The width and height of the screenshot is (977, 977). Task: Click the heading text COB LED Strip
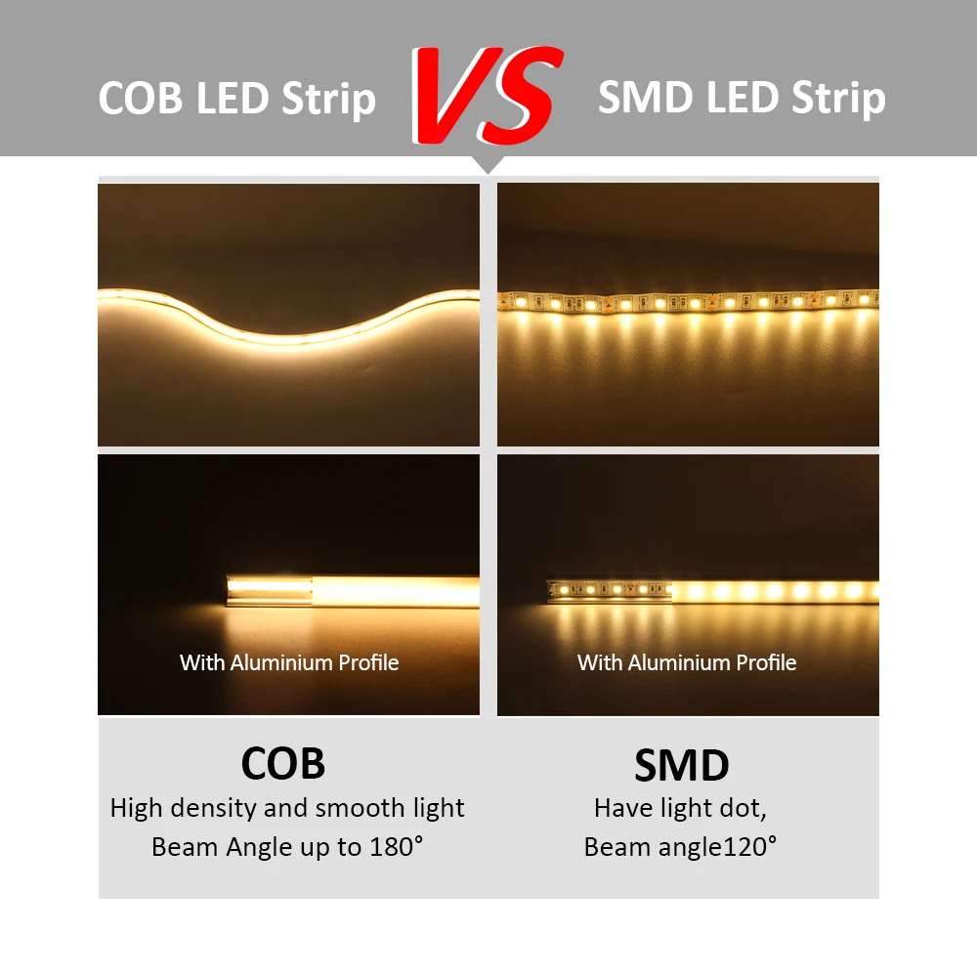(x=237, y=99)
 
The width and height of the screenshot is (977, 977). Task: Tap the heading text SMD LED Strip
(x=742, y=99)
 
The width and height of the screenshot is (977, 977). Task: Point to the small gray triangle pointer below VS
(x=487, y=165)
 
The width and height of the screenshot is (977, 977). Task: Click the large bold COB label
(x=283, y=763)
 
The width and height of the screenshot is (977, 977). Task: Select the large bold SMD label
(x=682, y=766)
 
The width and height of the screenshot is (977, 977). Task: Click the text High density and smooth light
(x=287, y=809)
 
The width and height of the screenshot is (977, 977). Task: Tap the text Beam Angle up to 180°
(x=287, y=846)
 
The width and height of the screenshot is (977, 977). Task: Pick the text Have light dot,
(x=681, y=809)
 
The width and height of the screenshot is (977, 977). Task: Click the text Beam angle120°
(x=681, y=846)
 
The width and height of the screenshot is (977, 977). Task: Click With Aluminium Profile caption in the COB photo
(x=289, y=662)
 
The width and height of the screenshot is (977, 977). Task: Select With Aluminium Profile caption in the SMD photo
(x=687, y=662)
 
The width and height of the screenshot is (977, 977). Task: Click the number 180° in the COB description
(x=399, y=846)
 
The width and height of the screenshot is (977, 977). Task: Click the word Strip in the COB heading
(x=332, y=99)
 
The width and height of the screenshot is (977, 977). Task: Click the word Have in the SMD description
(x=619, y=809)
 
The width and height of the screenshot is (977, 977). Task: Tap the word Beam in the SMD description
(x=614, y=846)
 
